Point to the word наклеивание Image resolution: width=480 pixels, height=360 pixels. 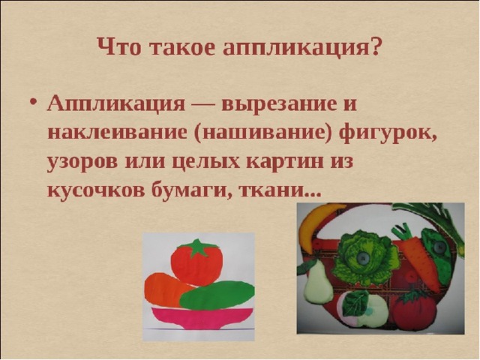(117, 133)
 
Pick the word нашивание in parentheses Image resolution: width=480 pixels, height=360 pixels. (262, 133)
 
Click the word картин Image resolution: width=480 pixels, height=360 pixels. (285, 162)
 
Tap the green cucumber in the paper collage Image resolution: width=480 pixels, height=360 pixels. (217, 295)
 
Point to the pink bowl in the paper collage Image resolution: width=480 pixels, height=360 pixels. (202, 318)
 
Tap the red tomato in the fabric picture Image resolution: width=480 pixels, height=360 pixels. (411, 310)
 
